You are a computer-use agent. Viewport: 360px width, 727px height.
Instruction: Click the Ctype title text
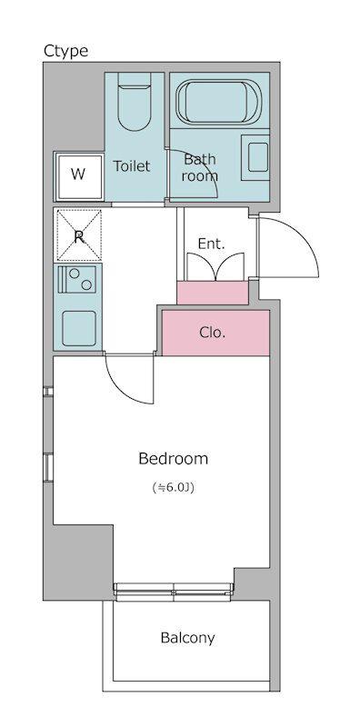tap(65, 51)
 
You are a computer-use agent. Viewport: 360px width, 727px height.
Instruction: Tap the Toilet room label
tap(132, 166)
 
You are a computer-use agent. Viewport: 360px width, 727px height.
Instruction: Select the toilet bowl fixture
tap(134, 101)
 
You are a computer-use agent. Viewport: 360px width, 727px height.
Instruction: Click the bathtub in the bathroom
tap(219, 102)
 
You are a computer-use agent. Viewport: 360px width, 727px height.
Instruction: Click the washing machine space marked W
tap(79, 175)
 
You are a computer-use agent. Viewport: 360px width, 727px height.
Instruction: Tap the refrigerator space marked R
tap(79, 235)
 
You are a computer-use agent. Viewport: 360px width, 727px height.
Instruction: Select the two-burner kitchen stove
tap(77, 278)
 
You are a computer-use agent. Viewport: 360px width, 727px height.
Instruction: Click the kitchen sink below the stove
tap(79, 328)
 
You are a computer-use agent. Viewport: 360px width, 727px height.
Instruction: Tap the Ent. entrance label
tap(211, 244)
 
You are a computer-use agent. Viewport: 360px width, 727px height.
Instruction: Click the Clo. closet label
tap(213, 332)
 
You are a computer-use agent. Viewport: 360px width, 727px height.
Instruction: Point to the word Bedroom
tap(173, 459)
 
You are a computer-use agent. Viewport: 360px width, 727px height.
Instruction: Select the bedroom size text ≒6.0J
tap(173, 487)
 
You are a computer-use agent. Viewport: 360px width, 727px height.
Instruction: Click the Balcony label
tap(188, 639)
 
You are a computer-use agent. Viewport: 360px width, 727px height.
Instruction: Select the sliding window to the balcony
tap(173, 593)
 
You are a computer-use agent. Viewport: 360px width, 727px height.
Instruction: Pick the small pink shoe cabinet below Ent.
tap(213, 293)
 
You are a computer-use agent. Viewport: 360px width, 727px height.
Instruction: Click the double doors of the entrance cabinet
tap(215, 266)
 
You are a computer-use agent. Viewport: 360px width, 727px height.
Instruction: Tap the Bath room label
tap(199, 167)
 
